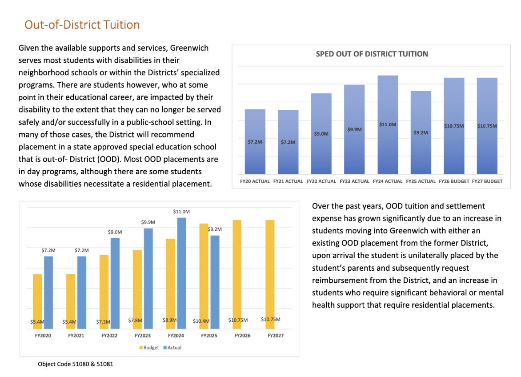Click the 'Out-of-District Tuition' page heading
click(x=82, y=24)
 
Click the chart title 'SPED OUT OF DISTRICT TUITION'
click(x=372, y=54)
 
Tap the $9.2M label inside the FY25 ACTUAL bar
click(x=421, y=132)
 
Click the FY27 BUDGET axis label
click(x=487, y=181)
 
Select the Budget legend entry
click(x=149, y=348)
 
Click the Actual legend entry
click(x=172, y=348)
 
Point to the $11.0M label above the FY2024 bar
click(x=181, y=212)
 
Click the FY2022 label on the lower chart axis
click(x=109, y=336)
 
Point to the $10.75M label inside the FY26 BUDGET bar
click(x=454, y=126)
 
